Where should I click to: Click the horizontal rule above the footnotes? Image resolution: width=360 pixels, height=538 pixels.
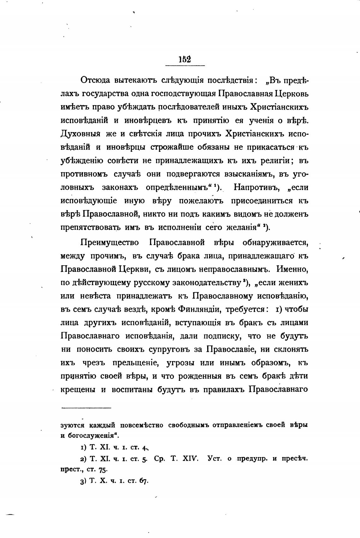tap(86, 408)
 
